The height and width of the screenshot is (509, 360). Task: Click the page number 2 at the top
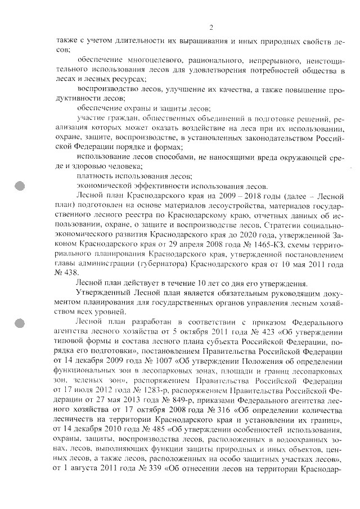[x=210, y=28]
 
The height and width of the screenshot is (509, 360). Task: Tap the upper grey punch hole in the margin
[x=20, y=186]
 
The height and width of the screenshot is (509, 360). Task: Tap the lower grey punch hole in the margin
[x=20, y=324]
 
